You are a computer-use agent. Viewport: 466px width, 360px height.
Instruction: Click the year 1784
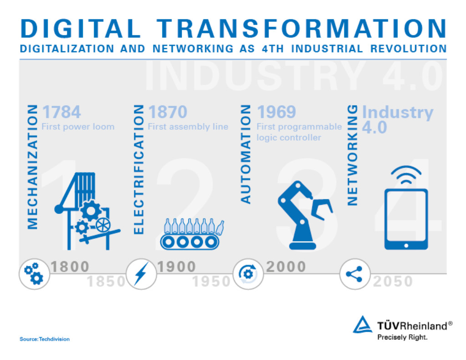[61, 112]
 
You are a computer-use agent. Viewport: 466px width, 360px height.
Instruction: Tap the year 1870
[167, 112]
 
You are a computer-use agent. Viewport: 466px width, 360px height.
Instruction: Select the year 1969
[276, 112]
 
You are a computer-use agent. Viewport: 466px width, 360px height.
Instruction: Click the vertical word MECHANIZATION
[32, 167]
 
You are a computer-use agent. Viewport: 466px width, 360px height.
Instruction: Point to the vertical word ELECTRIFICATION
[139, 169]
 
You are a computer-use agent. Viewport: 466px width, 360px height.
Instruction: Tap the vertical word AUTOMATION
[245, 154]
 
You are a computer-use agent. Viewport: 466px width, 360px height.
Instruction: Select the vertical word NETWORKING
[353, 155]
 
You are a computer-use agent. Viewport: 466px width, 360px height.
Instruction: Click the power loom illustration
[87, 211]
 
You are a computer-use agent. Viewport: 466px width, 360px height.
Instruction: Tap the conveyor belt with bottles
[192, 234]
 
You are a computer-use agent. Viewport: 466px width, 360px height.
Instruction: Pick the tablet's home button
[406, 246]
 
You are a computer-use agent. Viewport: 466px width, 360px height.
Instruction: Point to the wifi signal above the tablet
[406, 175]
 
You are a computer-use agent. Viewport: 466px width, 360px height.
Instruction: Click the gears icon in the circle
[34, 274]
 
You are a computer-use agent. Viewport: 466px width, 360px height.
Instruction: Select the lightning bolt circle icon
[141, 274]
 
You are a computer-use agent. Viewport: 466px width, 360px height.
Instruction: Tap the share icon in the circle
[355, 274]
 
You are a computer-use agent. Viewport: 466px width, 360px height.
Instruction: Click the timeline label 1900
[177, 267]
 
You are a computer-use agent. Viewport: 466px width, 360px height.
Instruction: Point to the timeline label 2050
[393, 281]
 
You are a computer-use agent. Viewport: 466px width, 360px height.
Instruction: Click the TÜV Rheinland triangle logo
[363, 325]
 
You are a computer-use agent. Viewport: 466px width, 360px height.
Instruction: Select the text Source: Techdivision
[45, 339]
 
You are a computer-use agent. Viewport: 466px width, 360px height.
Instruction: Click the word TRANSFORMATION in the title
[301, 29]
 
